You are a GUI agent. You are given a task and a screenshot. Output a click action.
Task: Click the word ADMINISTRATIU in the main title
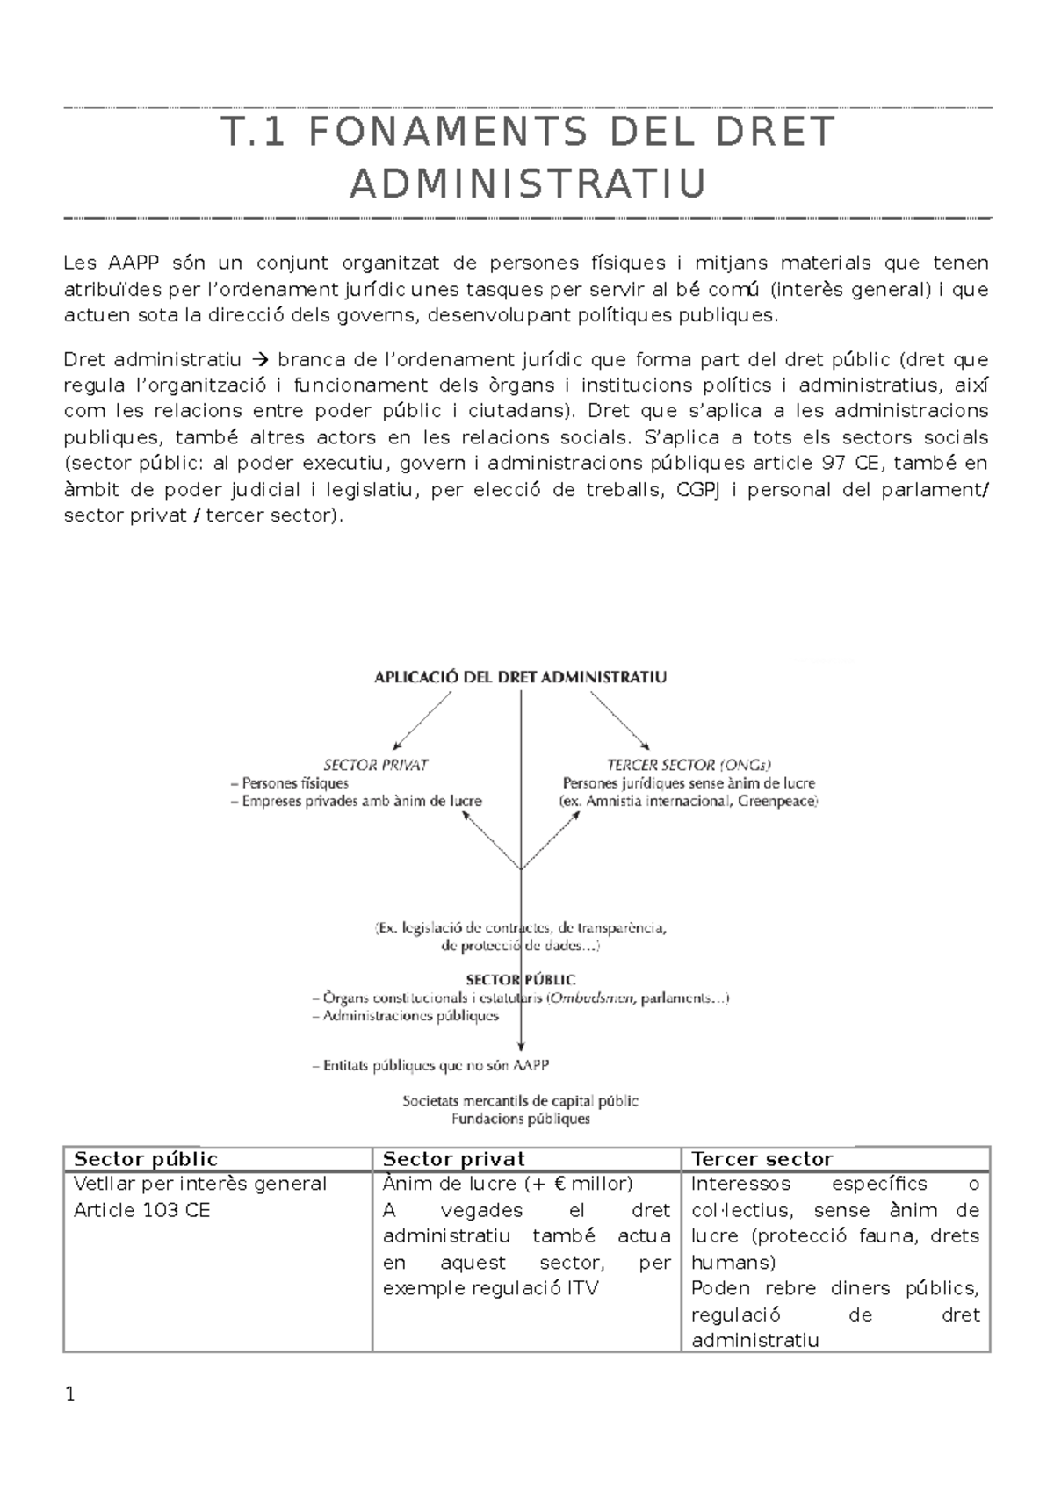point(528,184)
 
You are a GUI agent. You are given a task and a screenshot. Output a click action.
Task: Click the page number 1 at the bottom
point(70,1394)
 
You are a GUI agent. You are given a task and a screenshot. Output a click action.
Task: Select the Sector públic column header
point(146,1159)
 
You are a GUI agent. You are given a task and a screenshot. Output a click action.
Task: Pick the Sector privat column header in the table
point(454,1159)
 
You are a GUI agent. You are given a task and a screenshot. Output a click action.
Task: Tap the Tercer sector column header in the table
point(762,1159)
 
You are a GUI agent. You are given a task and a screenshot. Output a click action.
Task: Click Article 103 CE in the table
point(142,1210)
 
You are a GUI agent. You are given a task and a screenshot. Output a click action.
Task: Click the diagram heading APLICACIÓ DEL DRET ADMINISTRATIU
point(520,677)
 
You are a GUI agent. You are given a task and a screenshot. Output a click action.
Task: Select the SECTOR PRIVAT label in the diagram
point(376,765)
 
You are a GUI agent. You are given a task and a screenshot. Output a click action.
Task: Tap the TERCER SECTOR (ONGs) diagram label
point(689,765)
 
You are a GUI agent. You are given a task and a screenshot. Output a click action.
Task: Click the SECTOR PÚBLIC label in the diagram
point(521,979)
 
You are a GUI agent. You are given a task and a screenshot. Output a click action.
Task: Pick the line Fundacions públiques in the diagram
point(520,1119)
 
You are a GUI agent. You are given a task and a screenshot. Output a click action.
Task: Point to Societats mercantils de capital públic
point(520,1100)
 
